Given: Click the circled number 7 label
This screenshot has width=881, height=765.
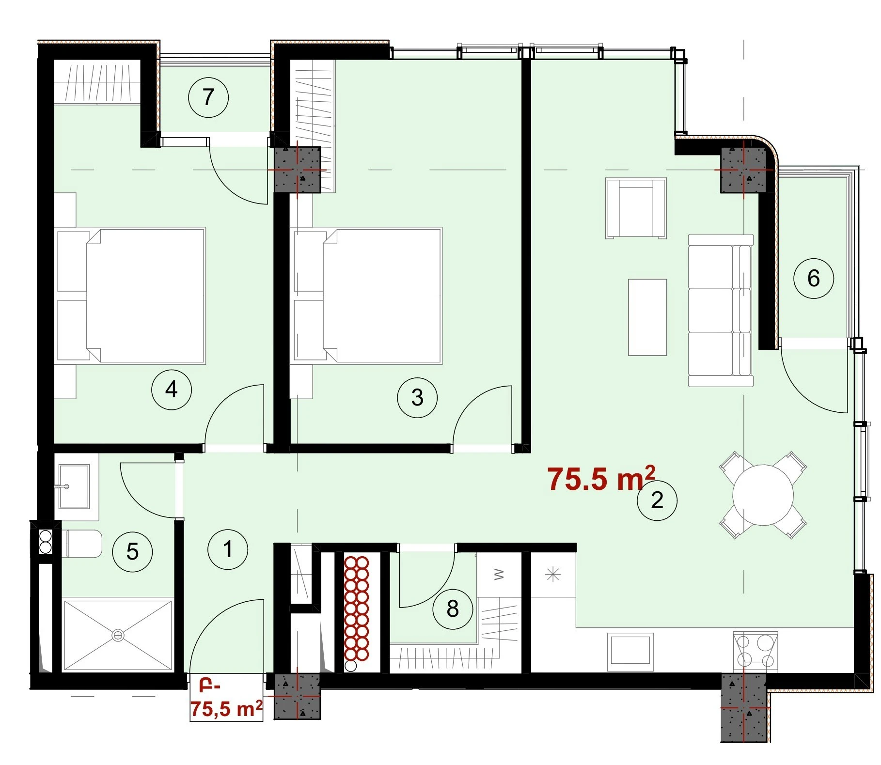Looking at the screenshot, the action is point(208,97).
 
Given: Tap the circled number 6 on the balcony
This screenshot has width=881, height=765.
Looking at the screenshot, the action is point(814,278).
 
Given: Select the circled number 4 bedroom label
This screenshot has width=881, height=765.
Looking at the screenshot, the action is point(172,389).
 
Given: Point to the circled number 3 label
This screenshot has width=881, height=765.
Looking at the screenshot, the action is point(417,398).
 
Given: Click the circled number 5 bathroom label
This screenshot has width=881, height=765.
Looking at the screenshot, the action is point(132,551).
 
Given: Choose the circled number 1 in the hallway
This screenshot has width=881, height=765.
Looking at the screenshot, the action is point(228,549).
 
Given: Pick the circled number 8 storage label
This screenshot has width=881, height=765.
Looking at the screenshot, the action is point(453,609).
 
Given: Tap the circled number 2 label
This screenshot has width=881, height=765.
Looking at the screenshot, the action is point(657,500).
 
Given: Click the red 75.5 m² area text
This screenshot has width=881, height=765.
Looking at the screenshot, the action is point(601,479).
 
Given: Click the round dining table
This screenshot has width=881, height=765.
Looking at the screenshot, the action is point(763,495).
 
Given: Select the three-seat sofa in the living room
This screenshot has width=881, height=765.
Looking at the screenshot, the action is point(721,311).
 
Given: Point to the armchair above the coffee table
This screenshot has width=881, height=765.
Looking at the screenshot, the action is point(636,208).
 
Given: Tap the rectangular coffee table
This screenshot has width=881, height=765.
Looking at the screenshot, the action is point(647,317).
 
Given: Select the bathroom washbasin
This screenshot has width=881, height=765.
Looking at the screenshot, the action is point(74,486).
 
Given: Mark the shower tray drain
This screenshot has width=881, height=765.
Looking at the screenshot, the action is point(117,635).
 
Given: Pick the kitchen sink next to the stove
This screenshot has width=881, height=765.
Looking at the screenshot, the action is point(630,650).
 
